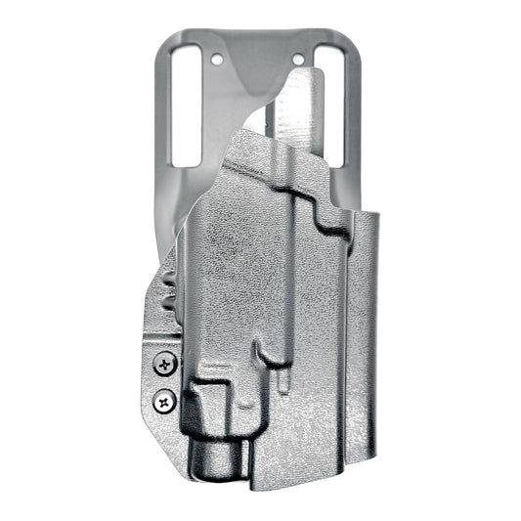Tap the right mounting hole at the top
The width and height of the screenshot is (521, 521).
pos(302,60)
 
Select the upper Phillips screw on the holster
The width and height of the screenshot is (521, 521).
pos(161,365)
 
